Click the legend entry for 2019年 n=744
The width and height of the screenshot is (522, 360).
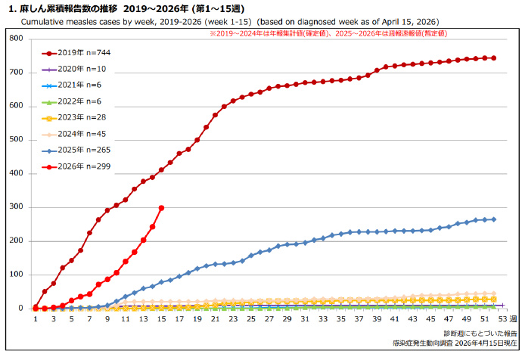tap(76, 53)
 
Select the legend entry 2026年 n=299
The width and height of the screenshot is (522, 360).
tap(76, 166)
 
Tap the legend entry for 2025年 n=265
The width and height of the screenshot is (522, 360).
tap(76, 151)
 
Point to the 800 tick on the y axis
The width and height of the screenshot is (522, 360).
tap(17, 39)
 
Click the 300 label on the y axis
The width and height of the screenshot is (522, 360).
tap(17, 206)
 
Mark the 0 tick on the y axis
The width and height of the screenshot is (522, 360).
tap(20, 308)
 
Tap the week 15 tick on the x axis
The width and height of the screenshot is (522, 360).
tap(161, 319)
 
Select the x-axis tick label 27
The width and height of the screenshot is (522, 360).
tap(269, 319)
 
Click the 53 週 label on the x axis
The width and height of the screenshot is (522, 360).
tap(508, 319)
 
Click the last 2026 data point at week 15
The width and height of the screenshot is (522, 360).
tap(161, 208)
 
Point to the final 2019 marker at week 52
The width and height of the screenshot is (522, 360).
tap(494, 58)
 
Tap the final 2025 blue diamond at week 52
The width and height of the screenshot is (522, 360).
tap(494, 219)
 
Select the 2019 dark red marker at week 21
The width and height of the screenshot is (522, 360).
tap(215, 115)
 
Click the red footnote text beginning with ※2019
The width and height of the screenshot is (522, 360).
tap(328, 33)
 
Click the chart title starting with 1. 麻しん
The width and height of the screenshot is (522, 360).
tap(126, 9)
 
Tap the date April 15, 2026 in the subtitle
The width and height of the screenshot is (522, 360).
tap(410, 22)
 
